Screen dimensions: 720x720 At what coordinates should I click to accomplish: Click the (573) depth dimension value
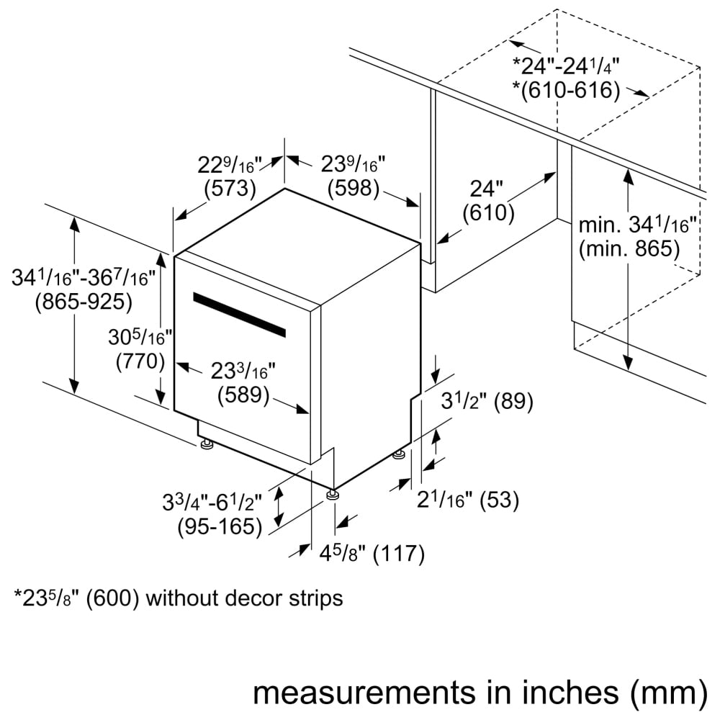(230, 189)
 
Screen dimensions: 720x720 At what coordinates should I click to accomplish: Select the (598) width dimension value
(353, 188)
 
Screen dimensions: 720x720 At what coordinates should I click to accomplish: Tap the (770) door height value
(141, 361)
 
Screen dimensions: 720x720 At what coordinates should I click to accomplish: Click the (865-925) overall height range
(84, 302)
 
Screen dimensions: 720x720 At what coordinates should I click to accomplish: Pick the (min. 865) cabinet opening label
(629, 249)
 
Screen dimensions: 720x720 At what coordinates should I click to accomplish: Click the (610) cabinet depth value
(489, 213)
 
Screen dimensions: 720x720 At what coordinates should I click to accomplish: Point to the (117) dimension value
(393, 554)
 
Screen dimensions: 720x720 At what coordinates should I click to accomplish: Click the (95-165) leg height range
(220, 527)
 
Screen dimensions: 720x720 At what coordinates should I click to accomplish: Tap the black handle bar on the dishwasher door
(238, 315)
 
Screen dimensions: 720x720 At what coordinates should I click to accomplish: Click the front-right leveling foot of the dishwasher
(332, 495)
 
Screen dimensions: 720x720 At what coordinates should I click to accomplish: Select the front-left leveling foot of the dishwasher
(207, 446)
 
